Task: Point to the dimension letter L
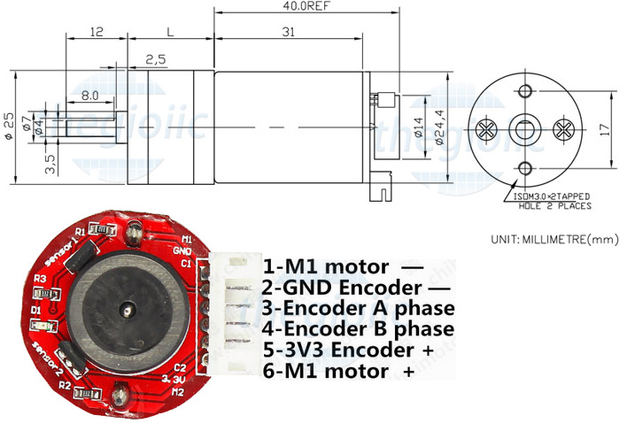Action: pos(169,33)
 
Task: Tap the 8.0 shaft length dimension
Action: pos(89,94)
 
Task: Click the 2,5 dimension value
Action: pos(156,60)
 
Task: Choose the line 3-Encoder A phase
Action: pos(359,309)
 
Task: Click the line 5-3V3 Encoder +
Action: pos(349,350)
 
